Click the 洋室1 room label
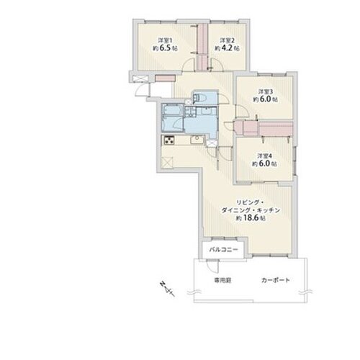(x=168, y=40)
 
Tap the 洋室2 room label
(x=227, y=40)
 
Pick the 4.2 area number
(x=228, y=48)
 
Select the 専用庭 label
(x=221, y=279)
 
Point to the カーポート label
(x=276, y=279)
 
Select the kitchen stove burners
(x=171, y=140)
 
